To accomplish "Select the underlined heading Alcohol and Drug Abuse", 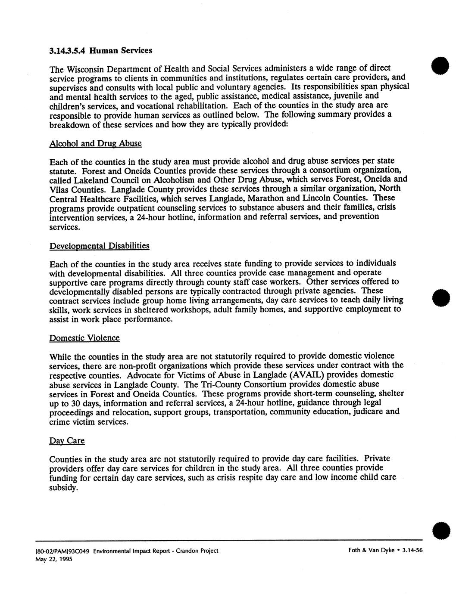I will pos(96,143).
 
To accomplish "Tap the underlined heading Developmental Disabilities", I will pos(100,246).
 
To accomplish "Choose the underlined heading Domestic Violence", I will pos(84,338).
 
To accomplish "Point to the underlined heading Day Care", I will pos(67,441).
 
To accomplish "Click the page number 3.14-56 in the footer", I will pos(412,551).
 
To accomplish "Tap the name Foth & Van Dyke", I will pos(371,551).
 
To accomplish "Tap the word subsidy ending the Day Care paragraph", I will pos(63,489).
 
